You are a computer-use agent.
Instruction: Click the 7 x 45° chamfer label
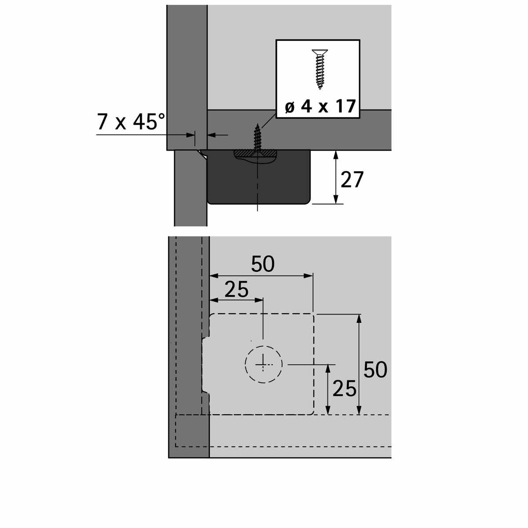pos(131,121)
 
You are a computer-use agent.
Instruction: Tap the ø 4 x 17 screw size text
pos(320,106)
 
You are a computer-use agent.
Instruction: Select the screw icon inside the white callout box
pos(320,70)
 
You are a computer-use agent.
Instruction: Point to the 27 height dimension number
pos(352,180)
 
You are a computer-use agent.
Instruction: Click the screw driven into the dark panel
pos(257,138)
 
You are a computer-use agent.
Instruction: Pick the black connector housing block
pos(259,177)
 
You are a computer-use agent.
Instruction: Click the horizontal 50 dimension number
pos(263,264)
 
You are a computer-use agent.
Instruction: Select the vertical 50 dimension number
pos(375,370)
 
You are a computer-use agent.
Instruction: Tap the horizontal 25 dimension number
pos(236,289)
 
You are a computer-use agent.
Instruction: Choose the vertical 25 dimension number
pos(345,389)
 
